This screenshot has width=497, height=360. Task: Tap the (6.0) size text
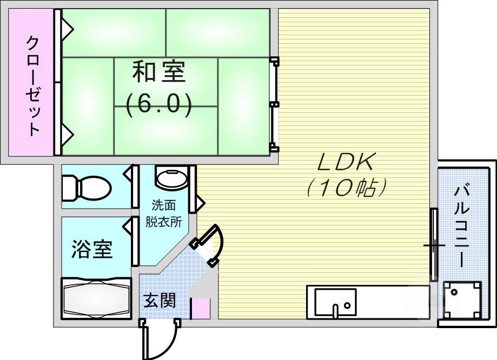(x=159, y=104)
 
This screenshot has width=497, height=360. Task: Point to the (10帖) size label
(x=346, y=187)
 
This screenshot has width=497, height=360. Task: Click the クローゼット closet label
(x=32, y=86)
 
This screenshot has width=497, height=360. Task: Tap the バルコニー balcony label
(x=461, y=227)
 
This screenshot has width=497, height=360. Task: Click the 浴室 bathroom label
(x=92, y=249)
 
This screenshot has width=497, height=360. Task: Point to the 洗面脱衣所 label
(x=163, y=214)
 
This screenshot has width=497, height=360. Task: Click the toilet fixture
(x=87, y=188)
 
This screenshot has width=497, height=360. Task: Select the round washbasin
(x=171, y=179)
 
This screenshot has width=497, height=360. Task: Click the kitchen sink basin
(x=335, y=302)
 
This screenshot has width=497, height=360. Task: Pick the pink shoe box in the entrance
(x=200, y=308)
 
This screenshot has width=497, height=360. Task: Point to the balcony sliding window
(x=434, y=245)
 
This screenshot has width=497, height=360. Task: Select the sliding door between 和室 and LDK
(x=275, y=104)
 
